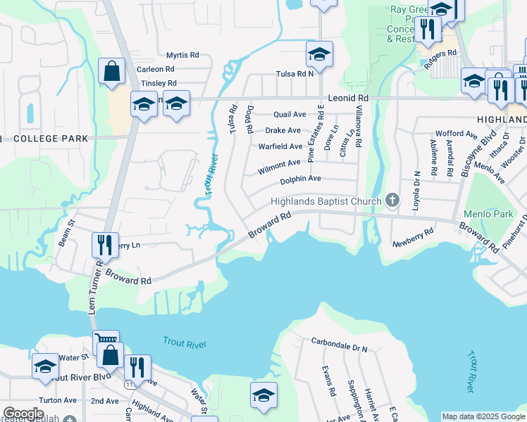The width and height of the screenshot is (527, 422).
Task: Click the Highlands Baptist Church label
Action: point(325,202)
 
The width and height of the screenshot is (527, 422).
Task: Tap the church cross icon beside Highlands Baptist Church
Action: point(393,202)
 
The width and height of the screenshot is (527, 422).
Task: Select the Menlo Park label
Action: point(488,214)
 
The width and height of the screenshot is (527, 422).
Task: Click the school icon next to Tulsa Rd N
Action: point(319,55)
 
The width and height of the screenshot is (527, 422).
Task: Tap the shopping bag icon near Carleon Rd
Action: point(111,71)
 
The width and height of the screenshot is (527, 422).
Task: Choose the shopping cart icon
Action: point(106,341)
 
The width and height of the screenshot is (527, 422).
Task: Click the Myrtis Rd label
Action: point(182,55)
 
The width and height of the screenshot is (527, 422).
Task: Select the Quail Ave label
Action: point(290,114)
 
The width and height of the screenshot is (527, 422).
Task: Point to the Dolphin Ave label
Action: point(300,179)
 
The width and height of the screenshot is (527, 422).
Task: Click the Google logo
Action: point(23,414)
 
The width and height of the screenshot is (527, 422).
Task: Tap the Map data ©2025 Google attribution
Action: point(482,416)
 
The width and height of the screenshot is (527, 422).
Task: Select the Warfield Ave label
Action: point(280,147)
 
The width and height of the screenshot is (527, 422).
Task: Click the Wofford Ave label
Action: point(457,133)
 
